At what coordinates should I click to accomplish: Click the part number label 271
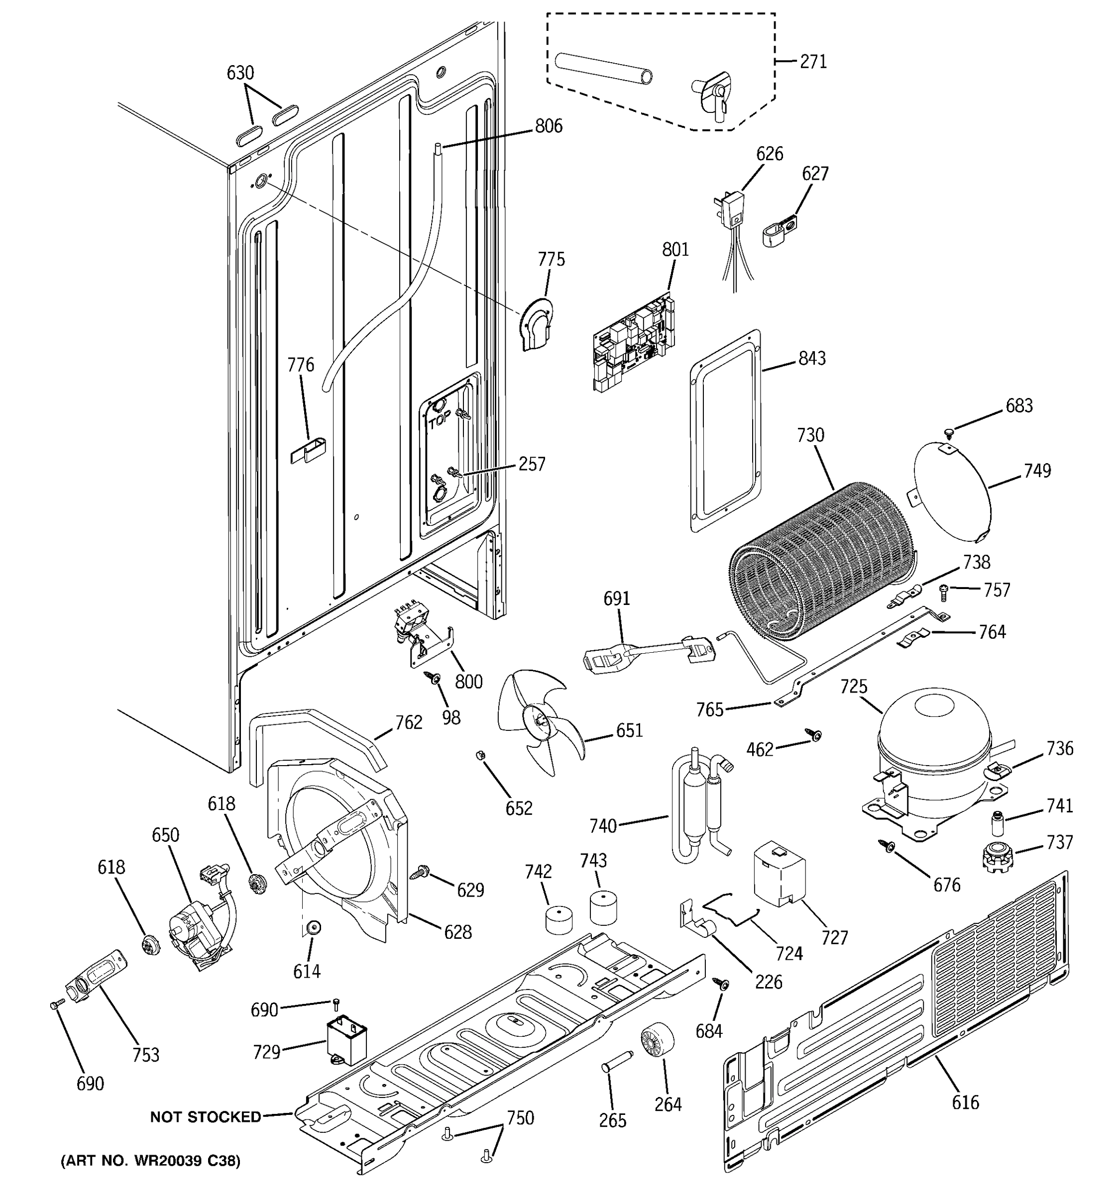(x=813, y=61)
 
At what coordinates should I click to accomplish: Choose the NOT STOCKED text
(x=206, y=1117)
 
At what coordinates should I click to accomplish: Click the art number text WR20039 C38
(x=151, y=1161)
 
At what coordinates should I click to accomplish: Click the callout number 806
(x=549, y=126)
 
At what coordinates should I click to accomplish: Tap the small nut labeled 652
(x=480, y=755)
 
